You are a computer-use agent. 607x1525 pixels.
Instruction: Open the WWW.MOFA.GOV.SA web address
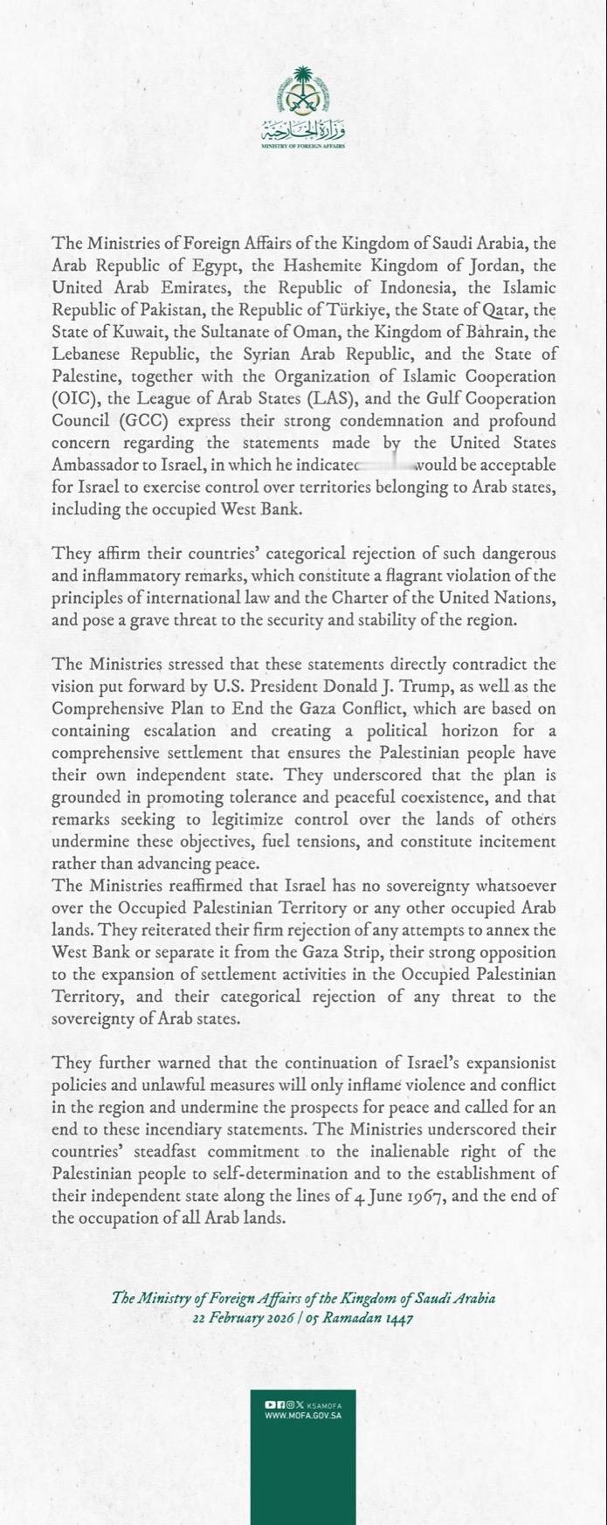[x=303, y=1415]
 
